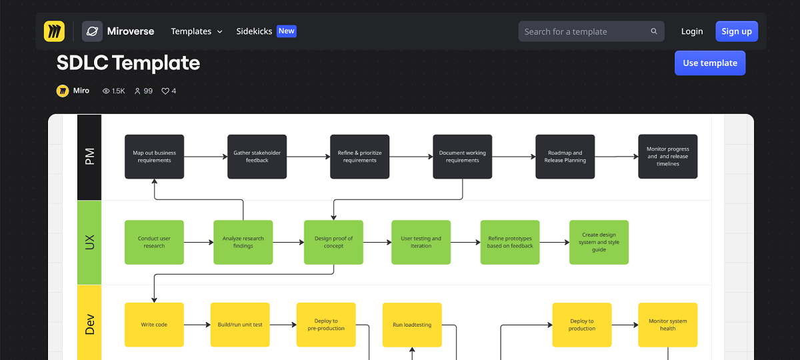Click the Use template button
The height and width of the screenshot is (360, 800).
click(x=710, y=63)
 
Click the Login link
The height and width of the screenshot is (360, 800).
click(x=691, y=31)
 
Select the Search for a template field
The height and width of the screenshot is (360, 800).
click(x=585, y=31)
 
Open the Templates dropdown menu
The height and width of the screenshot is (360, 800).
click(x=196, y=31)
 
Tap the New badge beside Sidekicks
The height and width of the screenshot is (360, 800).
click(x=286, y=31)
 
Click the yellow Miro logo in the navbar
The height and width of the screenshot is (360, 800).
click(x=54, y=31)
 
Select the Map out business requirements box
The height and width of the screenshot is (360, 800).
click(x=154, y=157)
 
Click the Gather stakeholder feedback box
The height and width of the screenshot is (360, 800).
click(x=257, y=157)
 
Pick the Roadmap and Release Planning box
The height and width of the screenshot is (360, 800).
click(x=565, y=157)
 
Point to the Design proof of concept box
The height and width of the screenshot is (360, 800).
click(x=333, y=242)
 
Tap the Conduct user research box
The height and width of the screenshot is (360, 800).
click(x=154, y=242)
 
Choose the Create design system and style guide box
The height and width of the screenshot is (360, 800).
click(x=599, y=242)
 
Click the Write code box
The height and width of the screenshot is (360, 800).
click(x=154, y=325)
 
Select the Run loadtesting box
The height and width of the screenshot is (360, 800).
click(x=412, y=325)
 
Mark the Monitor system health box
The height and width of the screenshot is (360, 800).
click(x=667, y=325)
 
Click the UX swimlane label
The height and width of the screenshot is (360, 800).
click(x=89, y=242)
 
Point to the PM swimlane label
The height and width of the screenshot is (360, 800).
click(x=89, y=157)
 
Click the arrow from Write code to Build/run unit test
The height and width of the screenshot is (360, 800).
click(x=197, y=325)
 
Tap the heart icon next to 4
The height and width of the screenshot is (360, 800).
click(x=165, y=91)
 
